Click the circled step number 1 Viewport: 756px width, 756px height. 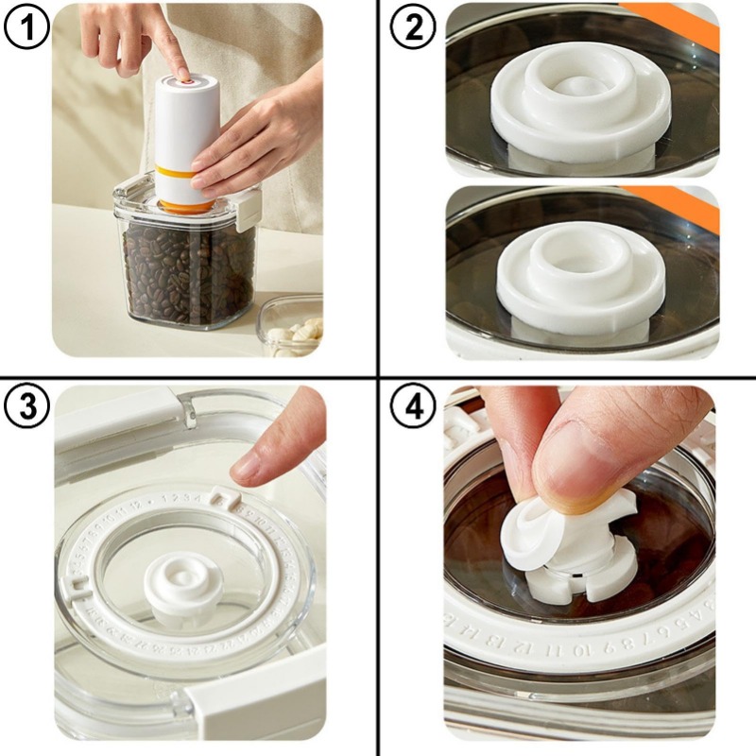pyautogui.click(x=26, y=28)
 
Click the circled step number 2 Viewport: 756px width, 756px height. pyautogui.click(x=414, y=28)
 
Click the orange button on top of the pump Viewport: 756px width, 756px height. pyautogui.click(x=186, y=82)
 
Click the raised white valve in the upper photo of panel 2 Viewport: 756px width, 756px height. pyautogui.click(x=579, y=94)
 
